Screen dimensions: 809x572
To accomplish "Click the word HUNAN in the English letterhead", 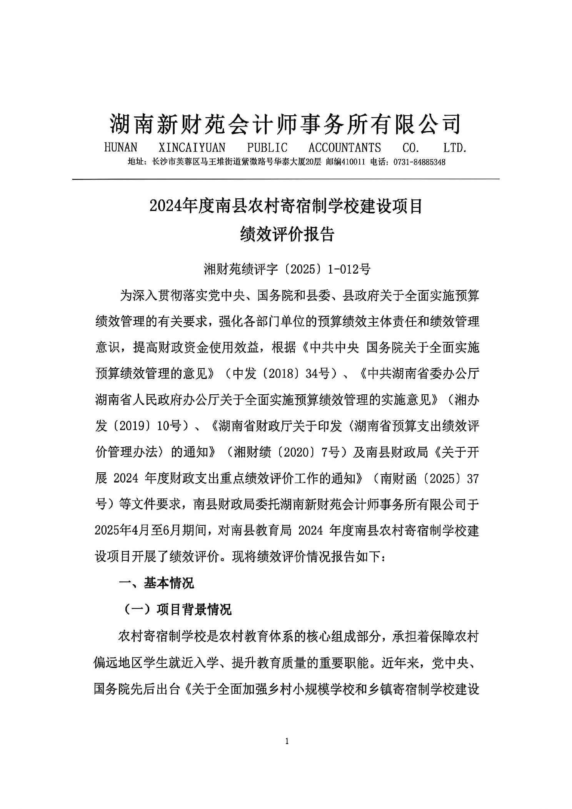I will [120, 148].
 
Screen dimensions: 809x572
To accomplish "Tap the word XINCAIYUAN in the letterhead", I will [192, 148].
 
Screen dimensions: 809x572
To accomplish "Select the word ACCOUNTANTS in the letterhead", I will [344, 148].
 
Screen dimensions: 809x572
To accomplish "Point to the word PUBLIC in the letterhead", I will [267, 148].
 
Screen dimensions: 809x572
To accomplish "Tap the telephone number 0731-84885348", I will [419, 162].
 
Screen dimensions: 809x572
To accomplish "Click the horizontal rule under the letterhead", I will [286, 179].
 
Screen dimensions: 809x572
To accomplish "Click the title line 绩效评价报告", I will [287, 234].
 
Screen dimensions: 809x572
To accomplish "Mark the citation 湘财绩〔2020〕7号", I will [286, 453].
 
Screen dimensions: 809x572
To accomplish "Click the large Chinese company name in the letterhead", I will [285, 124].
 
